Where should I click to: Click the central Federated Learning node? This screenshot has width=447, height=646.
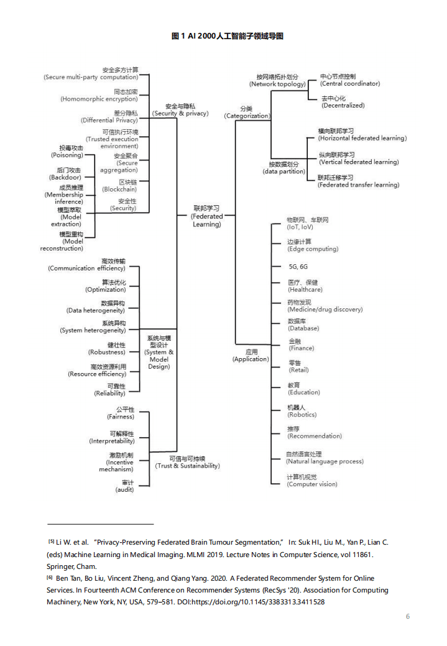tap(206, 216)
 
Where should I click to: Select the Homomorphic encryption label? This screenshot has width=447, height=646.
tap(99, 95)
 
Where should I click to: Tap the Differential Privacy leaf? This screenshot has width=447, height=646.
tap(109, 116)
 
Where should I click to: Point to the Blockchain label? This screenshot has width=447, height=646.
tap(119, 185)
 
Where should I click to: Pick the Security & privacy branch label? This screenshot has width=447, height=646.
tap(180, 110)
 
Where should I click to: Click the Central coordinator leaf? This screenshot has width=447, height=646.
tap(350, 80)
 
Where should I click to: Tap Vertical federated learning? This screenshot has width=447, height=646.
tap(358, 159)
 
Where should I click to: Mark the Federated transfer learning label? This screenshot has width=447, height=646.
tap(358, 181)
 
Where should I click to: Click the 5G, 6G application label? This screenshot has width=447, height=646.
tap(298, 266)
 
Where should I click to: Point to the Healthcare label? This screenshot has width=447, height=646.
tap(305, 286)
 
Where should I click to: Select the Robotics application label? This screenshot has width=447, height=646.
tap(302, 411)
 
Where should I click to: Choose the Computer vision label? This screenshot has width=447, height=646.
tap(312, 481)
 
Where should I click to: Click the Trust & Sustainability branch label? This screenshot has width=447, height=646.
tap(187, 462)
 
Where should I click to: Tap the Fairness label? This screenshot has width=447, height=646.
tap(120, 413)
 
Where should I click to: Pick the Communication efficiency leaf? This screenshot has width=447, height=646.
tap(87, 265)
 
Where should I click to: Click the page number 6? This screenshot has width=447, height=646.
tap(408, 616)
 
